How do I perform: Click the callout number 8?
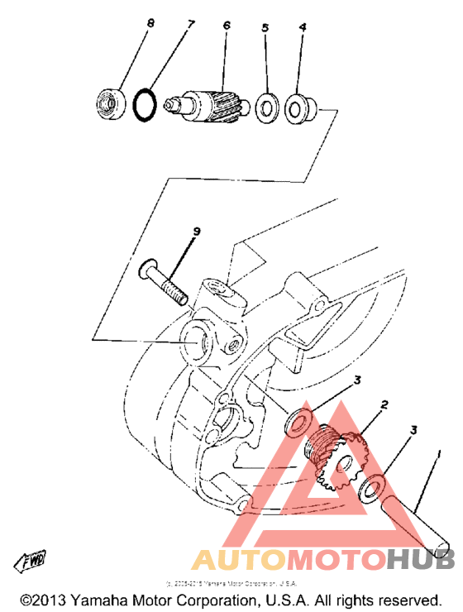click(150, 24)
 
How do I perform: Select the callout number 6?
click(226, 26)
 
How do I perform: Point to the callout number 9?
click(197, 232)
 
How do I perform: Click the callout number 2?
click(384, 405)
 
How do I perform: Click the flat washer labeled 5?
click(266, 107)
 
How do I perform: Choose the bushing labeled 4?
click(297, 107)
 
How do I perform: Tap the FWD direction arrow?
click(30, 562)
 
